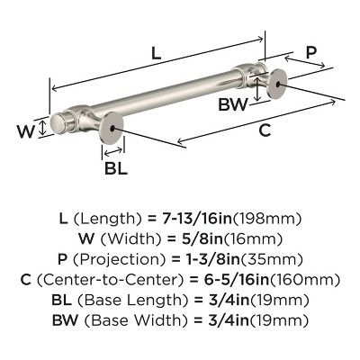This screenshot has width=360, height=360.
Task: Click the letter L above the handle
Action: click(x=156, y=54)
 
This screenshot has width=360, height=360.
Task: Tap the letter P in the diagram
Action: click(x=311, y=53)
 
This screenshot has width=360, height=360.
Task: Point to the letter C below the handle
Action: click(x=264, y=130)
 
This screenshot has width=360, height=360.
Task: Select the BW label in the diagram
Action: click(x=234, y=104)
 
